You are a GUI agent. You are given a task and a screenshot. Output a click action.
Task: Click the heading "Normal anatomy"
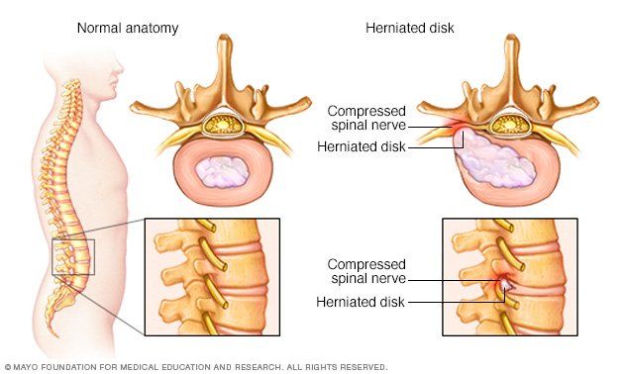click(128, 29)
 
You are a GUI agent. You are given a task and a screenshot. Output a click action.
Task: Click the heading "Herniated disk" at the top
click(410, 28)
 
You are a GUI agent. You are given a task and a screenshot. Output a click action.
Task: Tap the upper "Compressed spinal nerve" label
click(366, 118)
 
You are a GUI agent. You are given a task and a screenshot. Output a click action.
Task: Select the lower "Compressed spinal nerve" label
click(366, 271)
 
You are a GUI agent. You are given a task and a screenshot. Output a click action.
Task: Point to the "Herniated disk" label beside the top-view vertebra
click(362, 146)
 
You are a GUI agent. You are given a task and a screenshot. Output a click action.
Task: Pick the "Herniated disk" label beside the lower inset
click(361, 302)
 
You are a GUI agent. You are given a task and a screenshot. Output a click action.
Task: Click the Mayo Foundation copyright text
click(196, 367)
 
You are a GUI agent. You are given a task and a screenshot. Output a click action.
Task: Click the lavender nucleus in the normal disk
click(222, 172)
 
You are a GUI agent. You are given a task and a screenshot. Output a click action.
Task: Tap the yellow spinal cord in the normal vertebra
click(223, 125)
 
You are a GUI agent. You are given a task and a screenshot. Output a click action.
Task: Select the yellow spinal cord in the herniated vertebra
click(510, 126)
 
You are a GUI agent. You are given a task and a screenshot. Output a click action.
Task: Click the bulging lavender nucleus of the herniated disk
click(494, 158)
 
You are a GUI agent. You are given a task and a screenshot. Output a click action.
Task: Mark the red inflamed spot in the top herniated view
click(457, 127)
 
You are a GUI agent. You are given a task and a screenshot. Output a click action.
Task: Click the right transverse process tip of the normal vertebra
click(307, 101)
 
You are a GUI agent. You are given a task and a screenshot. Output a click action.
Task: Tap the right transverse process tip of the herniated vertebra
click(593, 101)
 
